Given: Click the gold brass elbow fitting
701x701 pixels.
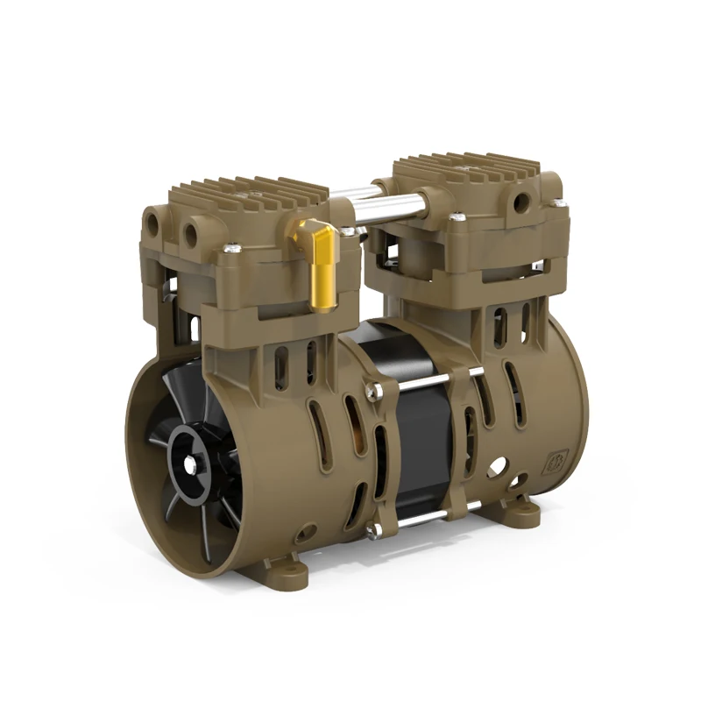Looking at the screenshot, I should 321,263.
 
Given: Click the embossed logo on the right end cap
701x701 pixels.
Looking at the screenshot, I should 556,462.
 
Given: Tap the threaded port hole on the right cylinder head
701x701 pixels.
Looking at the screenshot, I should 522,203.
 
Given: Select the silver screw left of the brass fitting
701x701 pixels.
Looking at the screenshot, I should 233,249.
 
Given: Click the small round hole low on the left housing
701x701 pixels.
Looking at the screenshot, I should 306,531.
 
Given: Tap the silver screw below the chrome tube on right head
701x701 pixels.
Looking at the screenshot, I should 457,217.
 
